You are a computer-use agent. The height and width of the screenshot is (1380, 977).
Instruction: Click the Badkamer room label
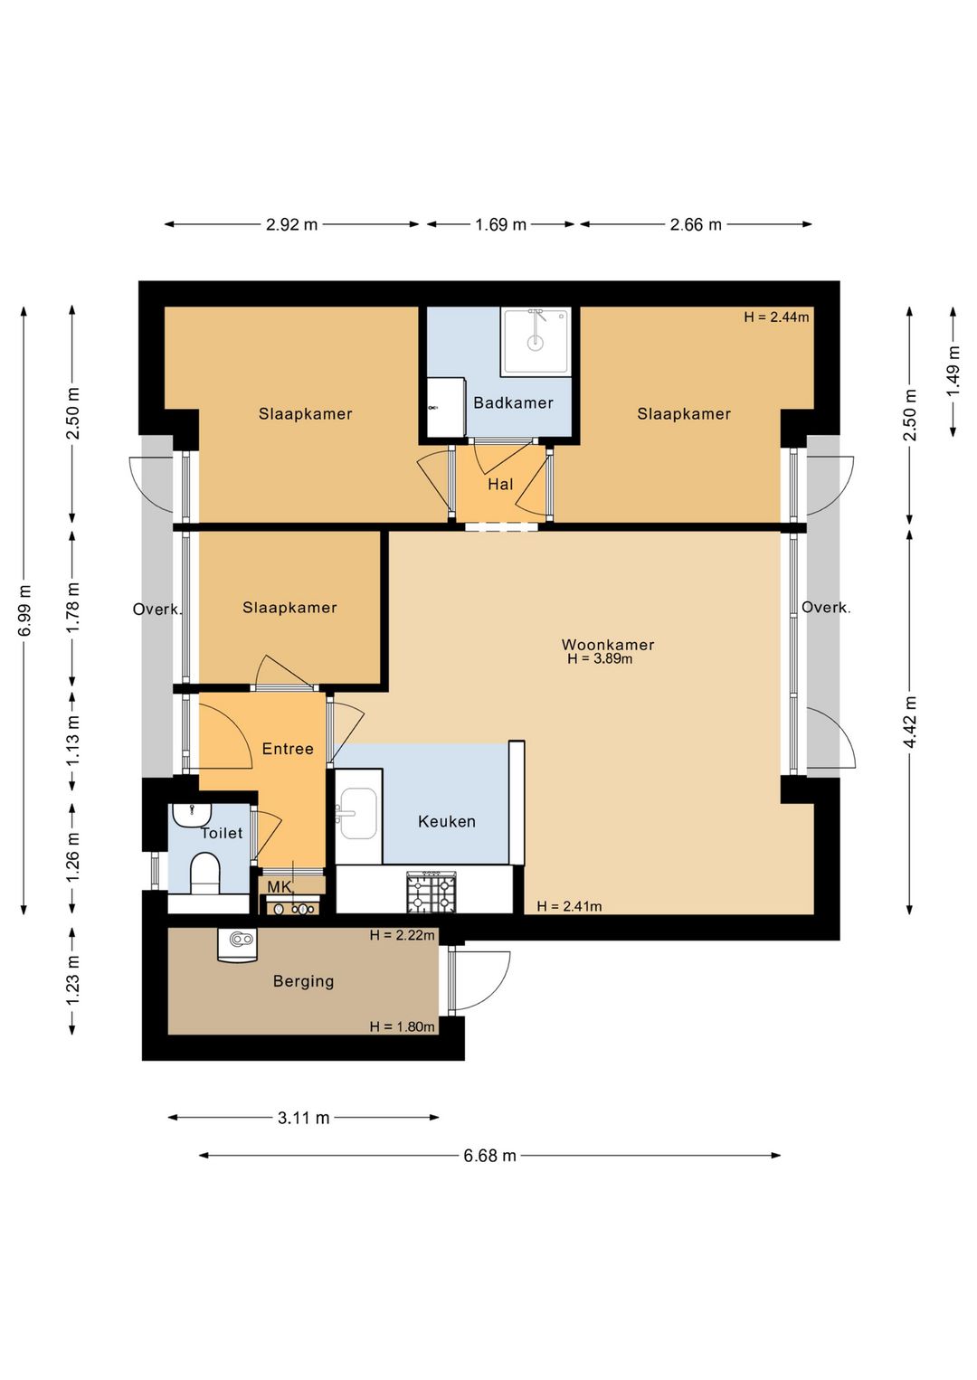point(513,403)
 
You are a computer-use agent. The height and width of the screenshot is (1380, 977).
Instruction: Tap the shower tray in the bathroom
point(535,341)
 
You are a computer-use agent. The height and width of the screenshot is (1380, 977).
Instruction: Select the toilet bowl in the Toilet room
point(205,874)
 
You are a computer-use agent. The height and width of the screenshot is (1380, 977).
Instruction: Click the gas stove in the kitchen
point(431,892)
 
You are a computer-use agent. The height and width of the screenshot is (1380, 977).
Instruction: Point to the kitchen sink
point(358,813)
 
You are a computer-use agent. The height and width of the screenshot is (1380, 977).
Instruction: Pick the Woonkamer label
point(608,645)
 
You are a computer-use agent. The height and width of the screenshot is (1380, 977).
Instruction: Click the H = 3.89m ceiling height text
point(600,659)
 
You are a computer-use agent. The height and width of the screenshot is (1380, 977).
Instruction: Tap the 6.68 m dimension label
point(489,1156)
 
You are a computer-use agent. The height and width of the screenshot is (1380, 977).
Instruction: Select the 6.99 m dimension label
point(24,610)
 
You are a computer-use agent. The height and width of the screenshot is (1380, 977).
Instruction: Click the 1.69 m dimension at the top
point(500,224)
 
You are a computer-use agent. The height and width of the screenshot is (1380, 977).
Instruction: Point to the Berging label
point(303,981)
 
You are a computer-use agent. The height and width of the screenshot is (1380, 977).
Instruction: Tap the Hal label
point(500,484)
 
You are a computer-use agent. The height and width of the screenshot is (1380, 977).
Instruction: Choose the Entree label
point(288,749)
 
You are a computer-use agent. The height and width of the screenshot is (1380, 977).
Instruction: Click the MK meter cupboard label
point(279,887)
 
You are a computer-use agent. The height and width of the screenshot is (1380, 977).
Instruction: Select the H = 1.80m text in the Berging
point(402,1026)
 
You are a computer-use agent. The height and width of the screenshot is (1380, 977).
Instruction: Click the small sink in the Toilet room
point(192,815)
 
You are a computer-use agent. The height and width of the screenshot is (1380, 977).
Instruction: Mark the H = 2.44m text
point(776,317)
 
